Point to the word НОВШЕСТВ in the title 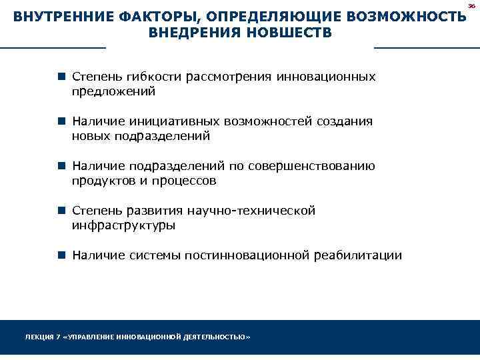(290, 33)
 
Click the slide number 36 (471, 5)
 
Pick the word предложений (113, 91)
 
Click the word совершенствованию (311, 167)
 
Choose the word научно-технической (251, 211)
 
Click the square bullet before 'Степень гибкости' (61, 77)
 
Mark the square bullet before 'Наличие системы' (61, 255)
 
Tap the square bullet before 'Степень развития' (61, 211)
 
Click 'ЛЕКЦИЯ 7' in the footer (41, 337)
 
